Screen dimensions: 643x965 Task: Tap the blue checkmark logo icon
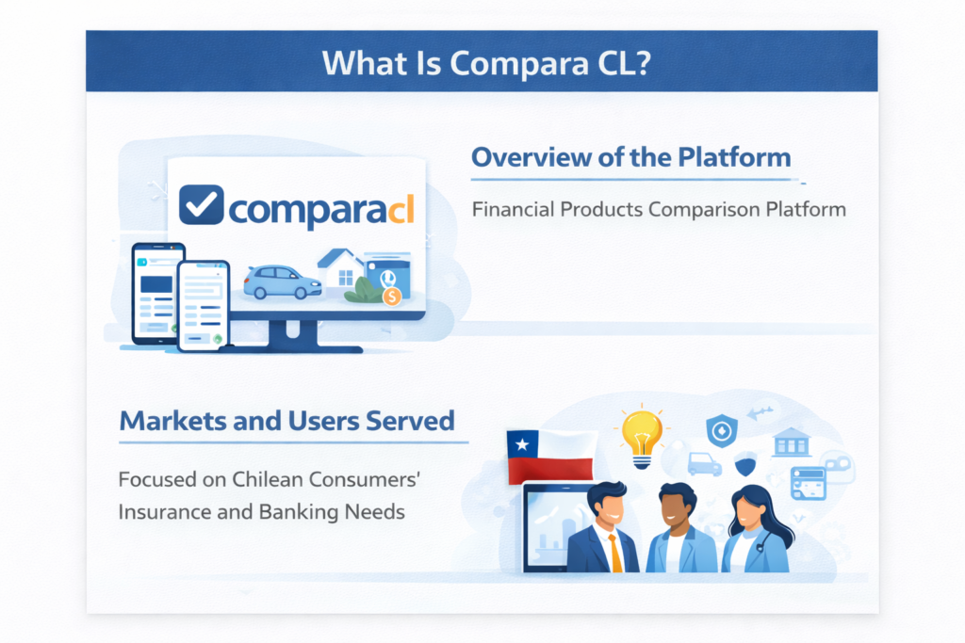click(x=201, y=205)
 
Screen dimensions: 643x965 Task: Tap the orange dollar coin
click(x=392, y=296)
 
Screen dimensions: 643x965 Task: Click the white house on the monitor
click(x=338, y=268)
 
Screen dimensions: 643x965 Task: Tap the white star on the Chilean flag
click(x=520, y=442)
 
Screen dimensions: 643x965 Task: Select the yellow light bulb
click(x=641, y=435)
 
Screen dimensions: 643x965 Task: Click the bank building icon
click(x=791, y=442)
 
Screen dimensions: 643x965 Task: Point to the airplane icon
click(x=760, y=411)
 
